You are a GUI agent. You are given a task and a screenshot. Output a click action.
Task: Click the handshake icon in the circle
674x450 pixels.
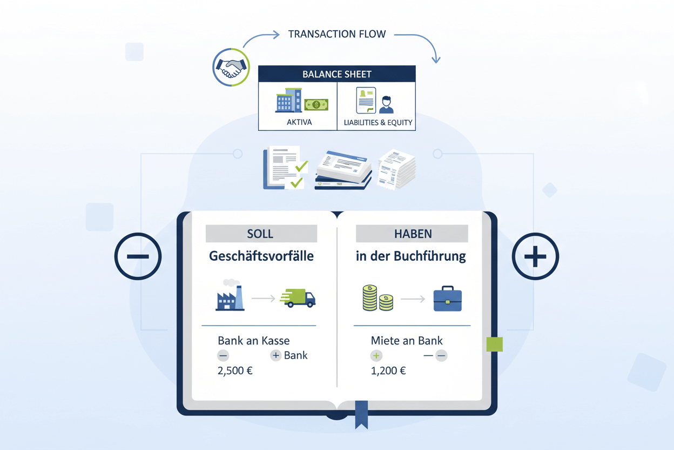pos(231,68)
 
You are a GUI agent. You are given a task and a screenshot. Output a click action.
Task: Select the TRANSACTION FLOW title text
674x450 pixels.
pos(337,34)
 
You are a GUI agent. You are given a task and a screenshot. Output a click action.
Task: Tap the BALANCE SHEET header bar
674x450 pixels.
pos(337,74)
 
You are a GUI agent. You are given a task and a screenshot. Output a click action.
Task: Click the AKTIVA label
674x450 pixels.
pos(299,122)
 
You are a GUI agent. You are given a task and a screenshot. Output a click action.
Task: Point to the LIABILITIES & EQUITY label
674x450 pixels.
pos(378,122)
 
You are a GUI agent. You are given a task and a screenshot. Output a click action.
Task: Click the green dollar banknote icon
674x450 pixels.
pos(316,104)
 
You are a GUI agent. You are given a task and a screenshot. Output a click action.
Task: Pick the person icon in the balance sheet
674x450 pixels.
pos(386,104)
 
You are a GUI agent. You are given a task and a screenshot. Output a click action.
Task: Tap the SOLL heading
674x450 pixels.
pos(260,234)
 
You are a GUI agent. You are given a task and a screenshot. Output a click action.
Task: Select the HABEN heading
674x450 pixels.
pos(412,234)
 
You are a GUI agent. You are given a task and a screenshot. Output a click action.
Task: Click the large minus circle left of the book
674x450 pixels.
pos(138,256)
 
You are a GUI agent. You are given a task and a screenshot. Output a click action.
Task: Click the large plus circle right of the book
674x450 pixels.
pos(535,256)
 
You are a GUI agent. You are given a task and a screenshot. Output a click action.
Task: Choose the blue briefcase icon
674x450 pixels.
pos(448,300)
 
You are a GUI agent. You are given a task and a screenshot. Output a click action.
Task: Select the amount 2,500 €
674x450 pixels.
pos(235,371)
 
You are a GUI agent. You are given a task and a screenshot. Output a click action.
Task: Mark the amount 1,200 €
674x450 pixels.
pos(388,371)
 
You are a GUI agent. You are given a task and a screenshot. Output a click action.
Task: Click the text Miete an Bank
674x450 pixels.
pos(407,341)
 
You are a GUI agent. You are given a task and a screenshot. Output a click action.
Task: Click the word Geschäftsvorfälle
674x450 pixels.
pos(261,256)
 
